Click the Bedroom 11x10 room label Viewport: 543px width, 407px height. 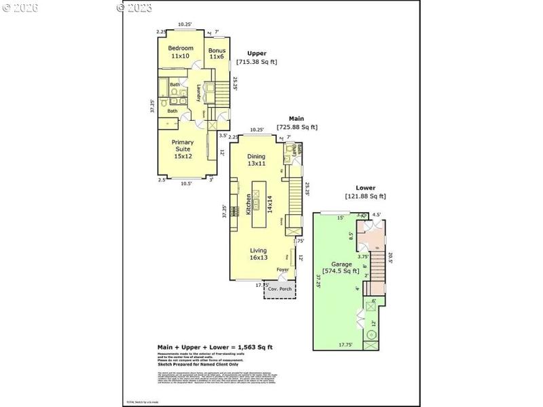[181, 52]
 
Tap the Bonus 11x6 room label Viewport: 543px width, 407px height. [217, 52]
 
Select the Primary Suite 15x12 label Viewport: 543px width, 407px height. [183, 149]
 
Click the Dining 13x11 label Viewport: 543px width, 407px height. [256, 160]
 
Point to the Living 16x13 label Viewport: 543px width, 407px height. [258, 254]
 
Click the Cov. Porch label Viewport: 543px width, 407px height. [280, 288]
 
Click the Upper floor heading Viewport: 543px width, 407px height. [257, 53]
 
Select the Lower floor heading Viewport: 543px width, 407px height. [366, 188]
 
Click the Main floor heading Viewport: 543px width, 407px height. [296, 118]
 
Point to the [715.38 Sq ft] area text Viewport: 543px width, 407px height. [257, 62]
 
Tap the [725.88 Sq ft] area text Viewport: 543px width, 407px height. [297, 127]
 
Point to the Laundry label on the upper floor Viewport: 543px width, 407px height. [199, 93]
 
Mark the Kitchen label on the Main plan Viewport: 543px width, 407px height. [249, 203]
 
